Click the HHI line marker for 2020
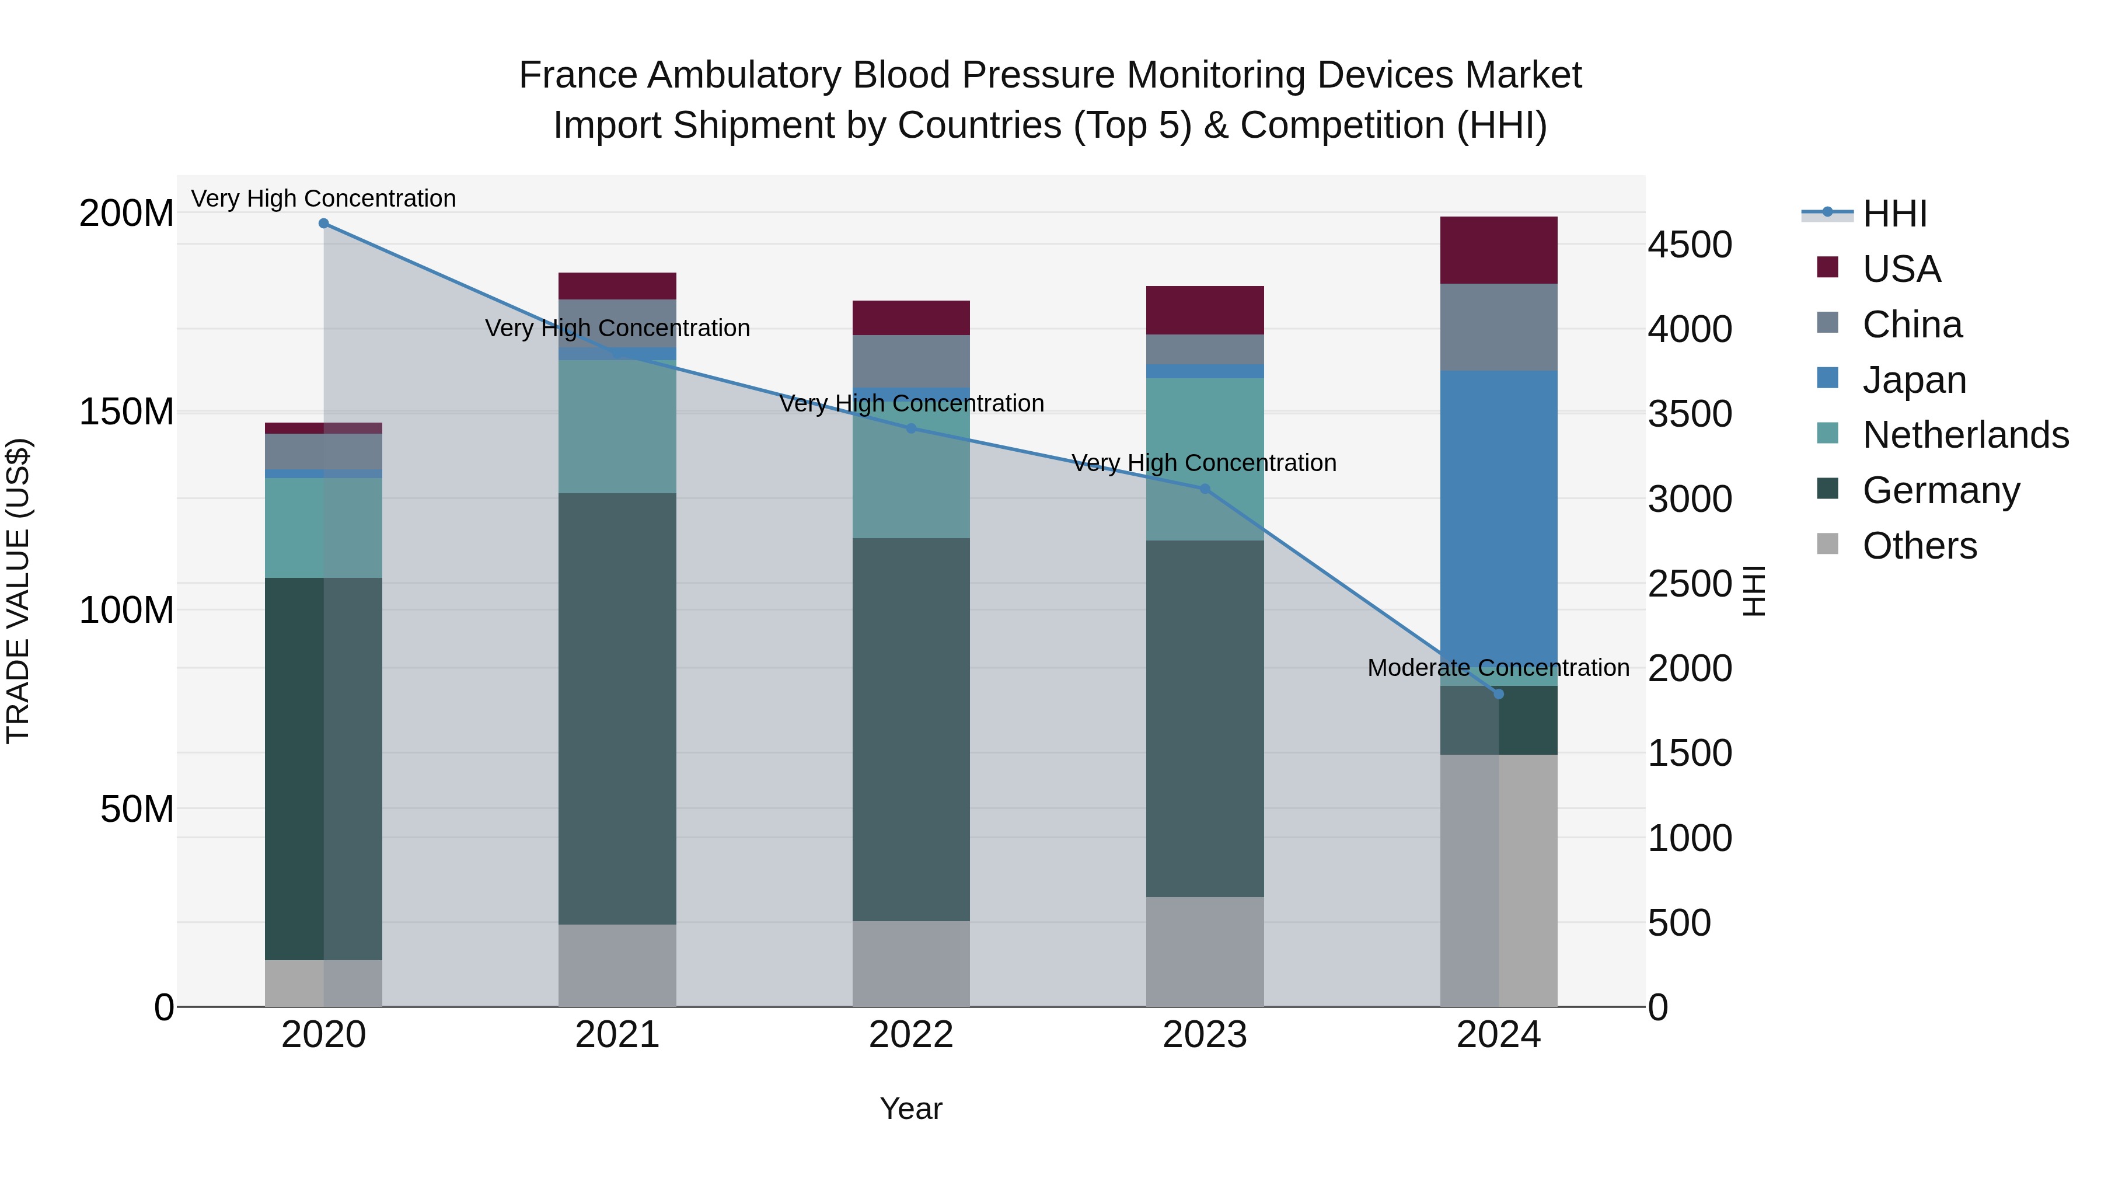pyautogui.click(x=324, y=223)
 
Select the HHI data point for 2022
pyautogui.click(x=911, y=428)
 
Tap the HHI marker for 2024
pyautogui.click(x=1498, y=694)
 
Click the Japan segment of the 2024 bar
pyautogui.click(x=1498, y=522)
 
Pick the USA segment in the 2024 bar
pyautogui.click(x=1498, y=250)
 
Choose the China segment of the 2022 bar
pyautogui.click(x=911, y=361)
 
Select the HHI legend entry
pyautogui.click(x=1894, y=214)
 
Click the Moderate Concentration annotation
pyautogui.click(x=1498, y=667)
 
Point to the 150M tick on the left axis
pyautogui.click(x=127, y=412)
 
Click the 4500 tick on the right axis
pyautogui.click(x=1690, y=245)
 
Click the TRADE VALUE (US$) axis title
pyautogui.click(x=18, y=591)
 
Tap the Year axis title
pyautogui.click(x=911, y=1108)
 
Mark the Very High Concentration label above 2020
pyautogui.click(x=324, y=198)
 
